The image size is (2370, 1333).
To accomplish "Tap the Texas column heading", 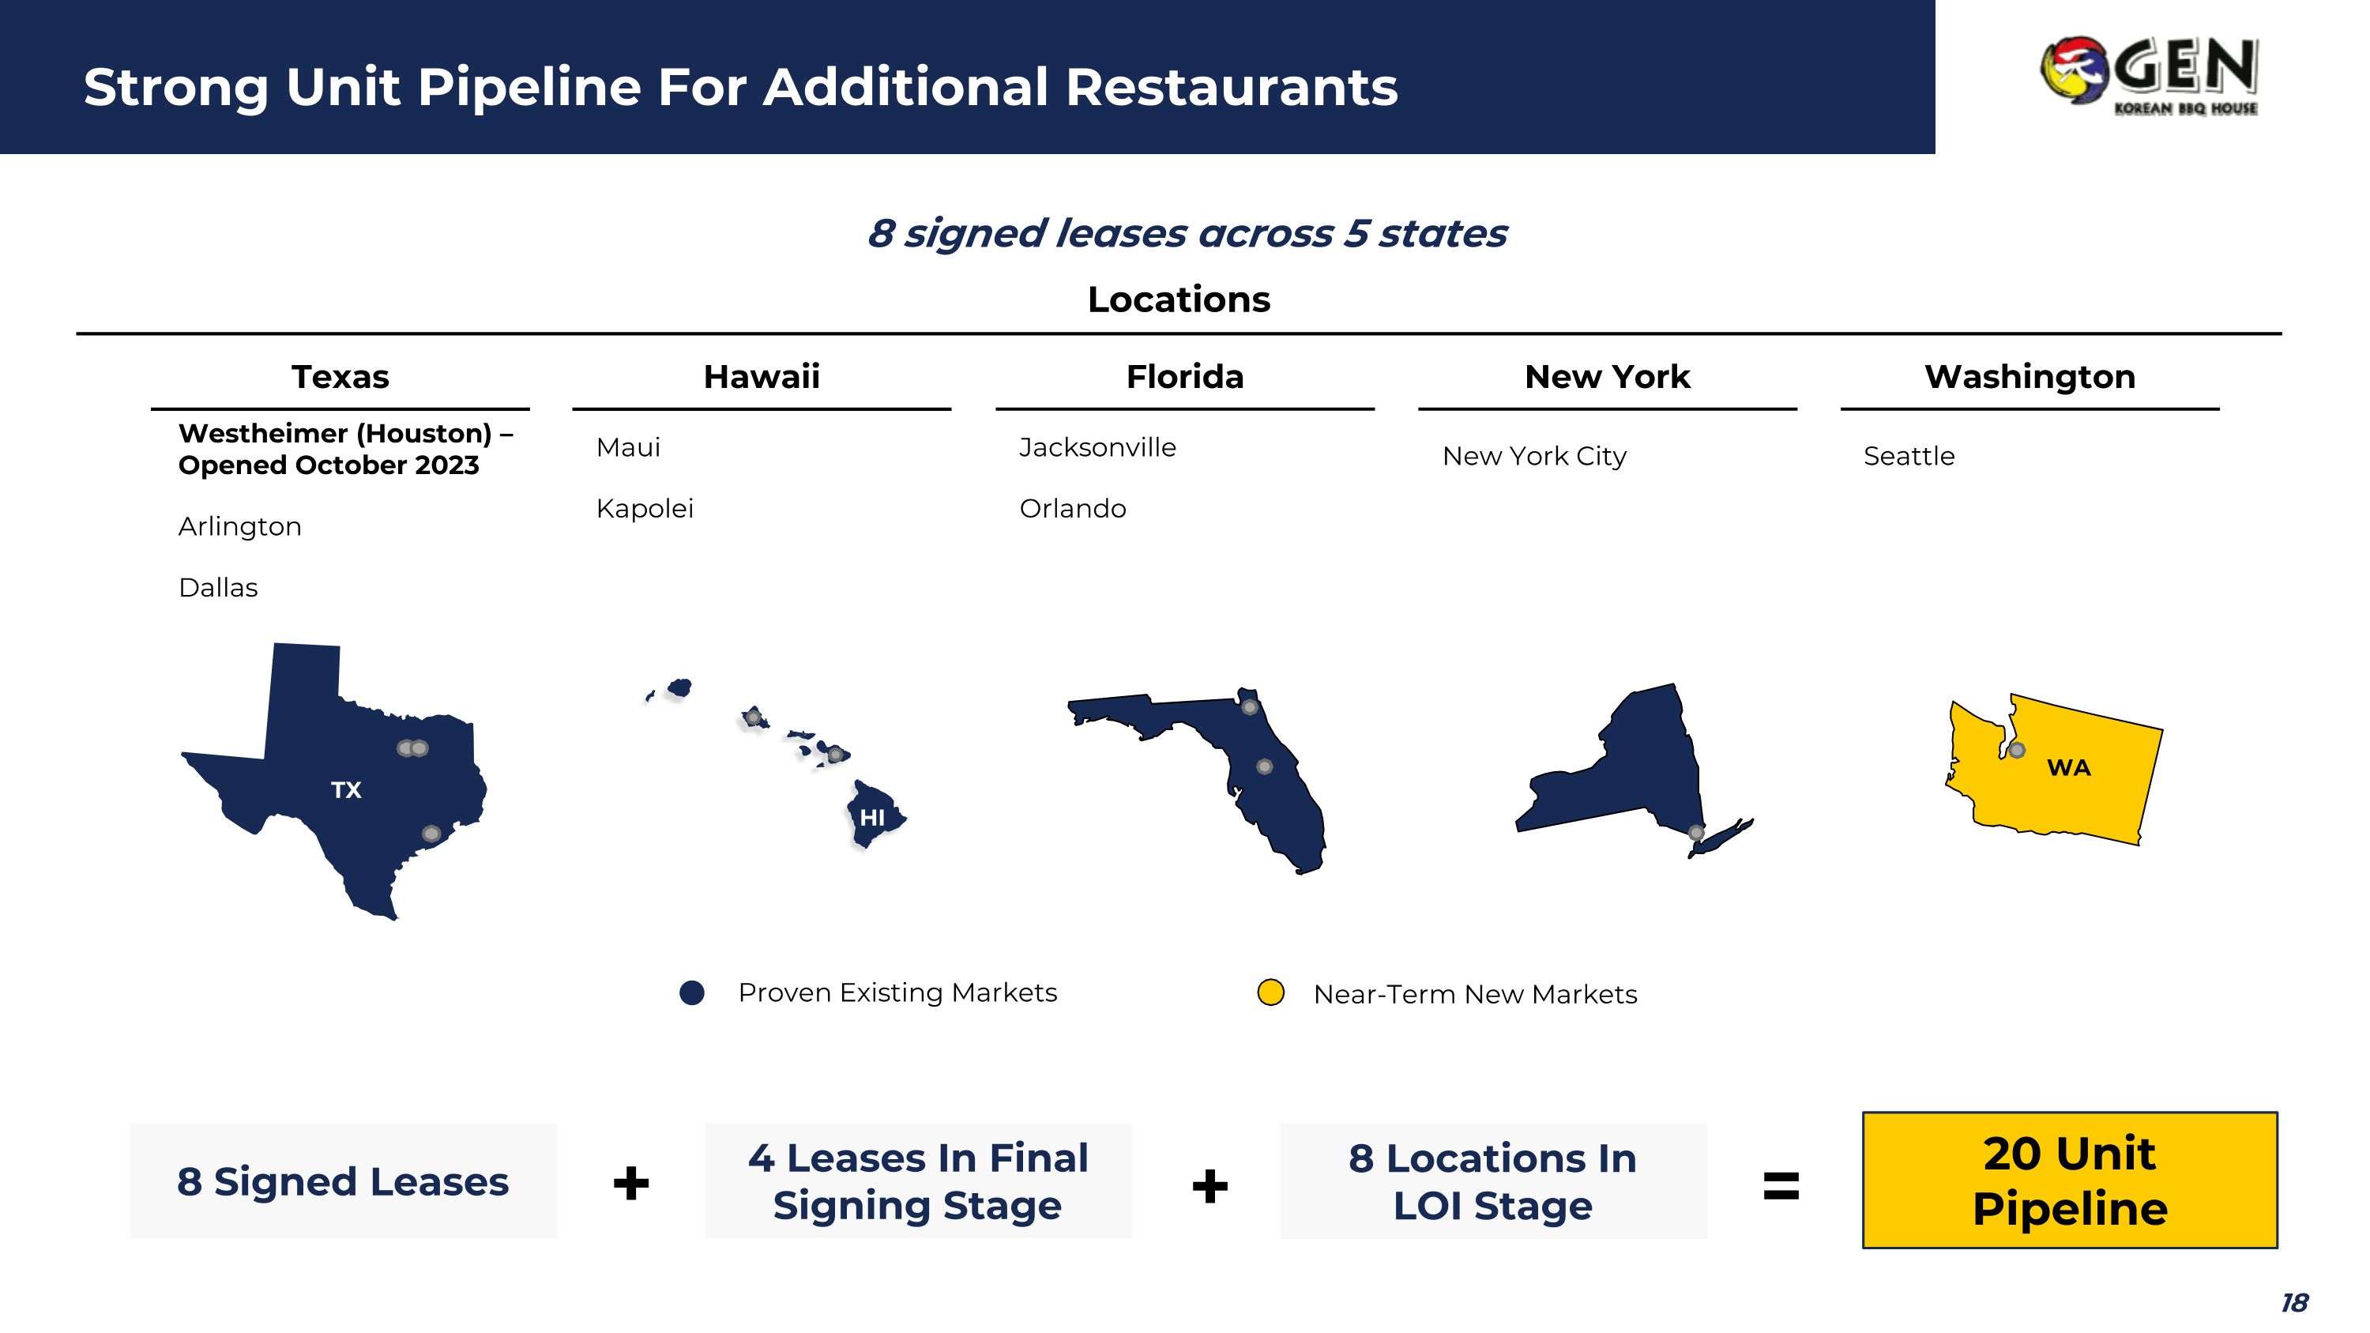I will click(x=340, y=376).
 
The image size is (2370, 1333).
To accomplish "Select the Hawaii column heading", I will click(x=761, y=376).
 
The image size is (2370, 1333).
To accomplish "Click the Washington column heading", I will click(x=2030, y=376).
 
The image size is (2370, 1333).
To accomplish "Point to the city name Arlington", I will click(x=240, y=526).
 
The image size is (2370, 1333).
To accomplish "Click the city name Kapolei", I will click(x=644, y=508).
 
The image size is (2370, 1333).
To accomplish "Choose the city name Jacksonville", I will click(x=1097, y=447).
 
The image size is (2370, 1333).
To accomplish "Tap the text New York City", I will click(x=1533, y=455).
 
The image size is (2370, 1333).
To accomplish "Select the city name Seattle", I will click(x=1909, y=455).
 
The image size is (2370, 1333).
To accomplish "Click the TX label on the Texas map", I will click(x=346, y=789).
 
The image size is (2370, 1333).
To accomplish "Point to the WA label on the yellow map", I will click(x=2068, y=767).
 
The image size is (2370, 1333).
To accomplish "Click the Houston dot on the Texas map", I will click(x=431, y=834).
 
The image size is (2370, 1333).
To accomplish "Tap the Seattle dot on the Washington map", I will click(x=2017, y=750).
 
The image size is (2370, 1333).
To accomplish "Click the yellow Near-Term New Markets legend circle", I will click(x=1270, y=992).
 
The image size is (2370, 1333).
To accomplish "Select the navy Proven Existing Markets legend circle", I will click(x=692, y=992).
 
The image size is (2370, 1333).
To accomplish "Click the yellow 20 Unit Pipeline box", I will click(x=2069, y=1180).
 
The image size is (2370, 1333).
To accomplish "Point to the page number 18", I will click(x=2293, y=1303).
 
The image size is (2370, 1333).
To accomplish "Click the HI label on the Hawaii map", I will click(x=871, y=817).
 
